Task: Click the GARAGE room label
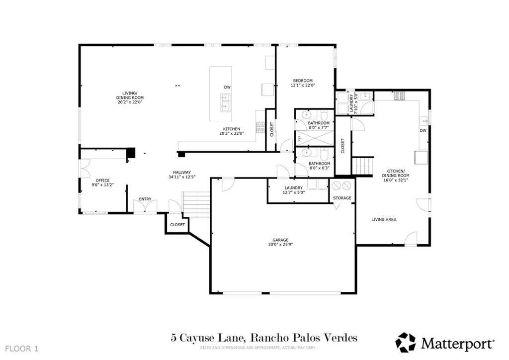tap(280, 240)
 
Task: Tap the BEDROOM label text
tap(303, 81)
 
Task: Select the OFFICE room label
tap(102, 180)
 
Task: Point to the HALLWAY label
tap(182, 173)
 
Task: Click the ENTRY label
tap(145, 199)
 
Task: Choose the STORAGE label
tap(342, 198)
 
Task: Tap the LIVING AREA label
tap(384, 220)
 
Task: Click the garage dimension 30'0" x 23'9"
tap(280, 245)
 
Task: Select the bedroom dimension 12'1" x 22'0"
tap(303, 86)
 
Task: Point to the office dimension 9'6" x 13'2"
tap(102, 185)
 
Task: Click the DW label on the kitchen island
tap(227, 88)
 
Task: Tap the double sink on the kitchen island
tap(225, 101)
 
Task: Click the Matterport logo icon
tap(406, 343)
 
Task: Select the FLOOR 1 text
tap(22, 349)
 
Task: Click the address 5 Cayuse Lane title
tap(208, 338)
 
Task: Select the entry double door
tap(145, 207)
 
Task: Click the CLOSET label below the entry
tap(177, 225)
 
